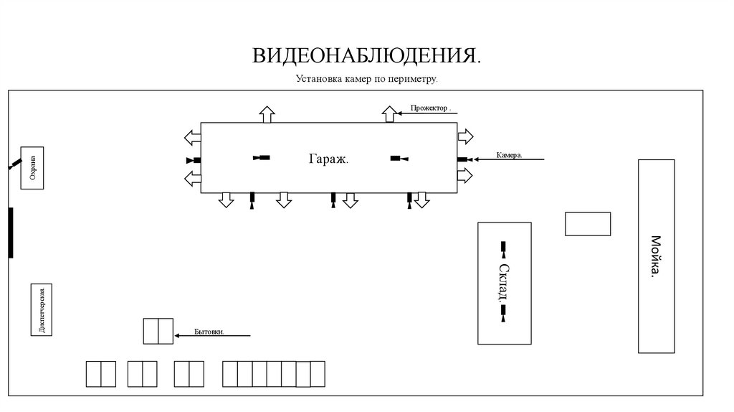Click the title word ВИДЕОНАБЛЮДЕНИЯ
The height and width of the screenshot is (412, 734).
click(366, 55)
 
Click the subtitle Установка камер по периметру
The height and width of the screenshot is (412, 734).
click(366, 79)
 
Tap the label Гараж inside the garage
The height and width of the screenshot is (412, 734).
click(328, 159)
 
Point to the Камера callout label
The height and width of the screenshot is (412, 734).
click(510, 154)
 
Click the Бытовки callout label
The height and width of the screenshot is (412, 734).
click(209, 332)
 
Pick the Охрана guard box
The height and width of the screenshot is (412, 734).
click(32, 168)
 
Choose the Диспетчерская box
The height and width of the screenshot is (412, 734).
click(41, 309)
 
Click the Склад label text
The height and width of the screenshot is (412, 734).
click(504, 284)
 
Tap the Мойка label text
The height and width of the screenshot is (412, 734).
click(656, 256)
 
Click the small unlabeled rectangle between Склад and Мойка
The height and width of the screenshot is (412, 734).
click(588, 224)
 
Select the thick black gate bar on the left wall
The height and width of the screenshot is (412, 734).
click(11, 233)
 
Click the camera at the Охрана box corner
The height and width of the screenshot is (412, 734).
click(14, 164)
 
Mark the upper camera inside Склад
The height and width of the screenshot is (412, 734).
click(503, 249)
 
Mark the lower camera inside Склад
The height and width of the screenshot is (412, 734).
click(503, 314)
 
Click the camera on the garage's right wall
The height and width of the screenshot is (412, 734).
click(464, 159)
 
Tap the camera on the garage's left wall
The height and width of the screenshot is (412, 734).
click(194, 160)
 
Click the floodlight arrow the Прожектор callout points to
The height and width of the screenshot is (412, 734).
click(389, 114)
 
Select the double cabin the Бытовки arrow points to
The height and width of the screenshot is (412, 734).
click(158, 331)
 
